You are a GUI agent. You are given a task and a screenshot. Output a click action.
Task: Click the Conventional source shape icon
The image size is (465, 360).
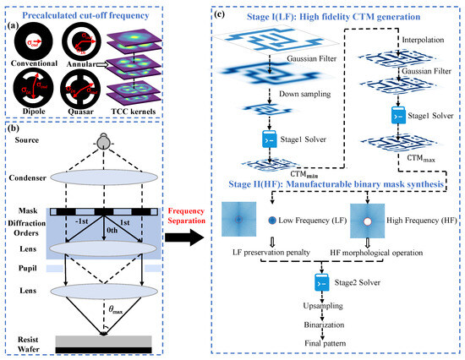[30, 37]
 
